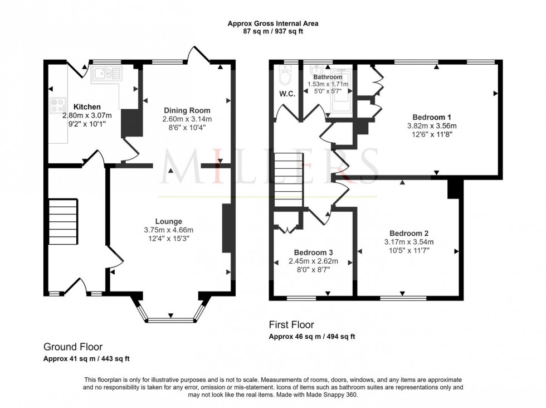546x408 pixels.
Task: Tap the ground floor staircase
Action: [62, 221]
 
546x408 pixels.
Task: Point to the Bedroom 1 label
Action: [432, 117]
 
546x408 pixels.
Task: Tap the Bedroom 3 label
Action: [313, 251]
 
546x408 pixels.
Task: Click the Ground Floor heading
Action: [73, 347]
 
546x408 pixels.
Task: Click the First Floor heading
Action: [291, 324]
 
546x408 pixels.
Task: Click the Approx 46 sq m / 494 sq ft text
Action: [312, 337]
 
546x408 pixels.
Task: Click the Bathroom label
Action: [328, 77]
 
